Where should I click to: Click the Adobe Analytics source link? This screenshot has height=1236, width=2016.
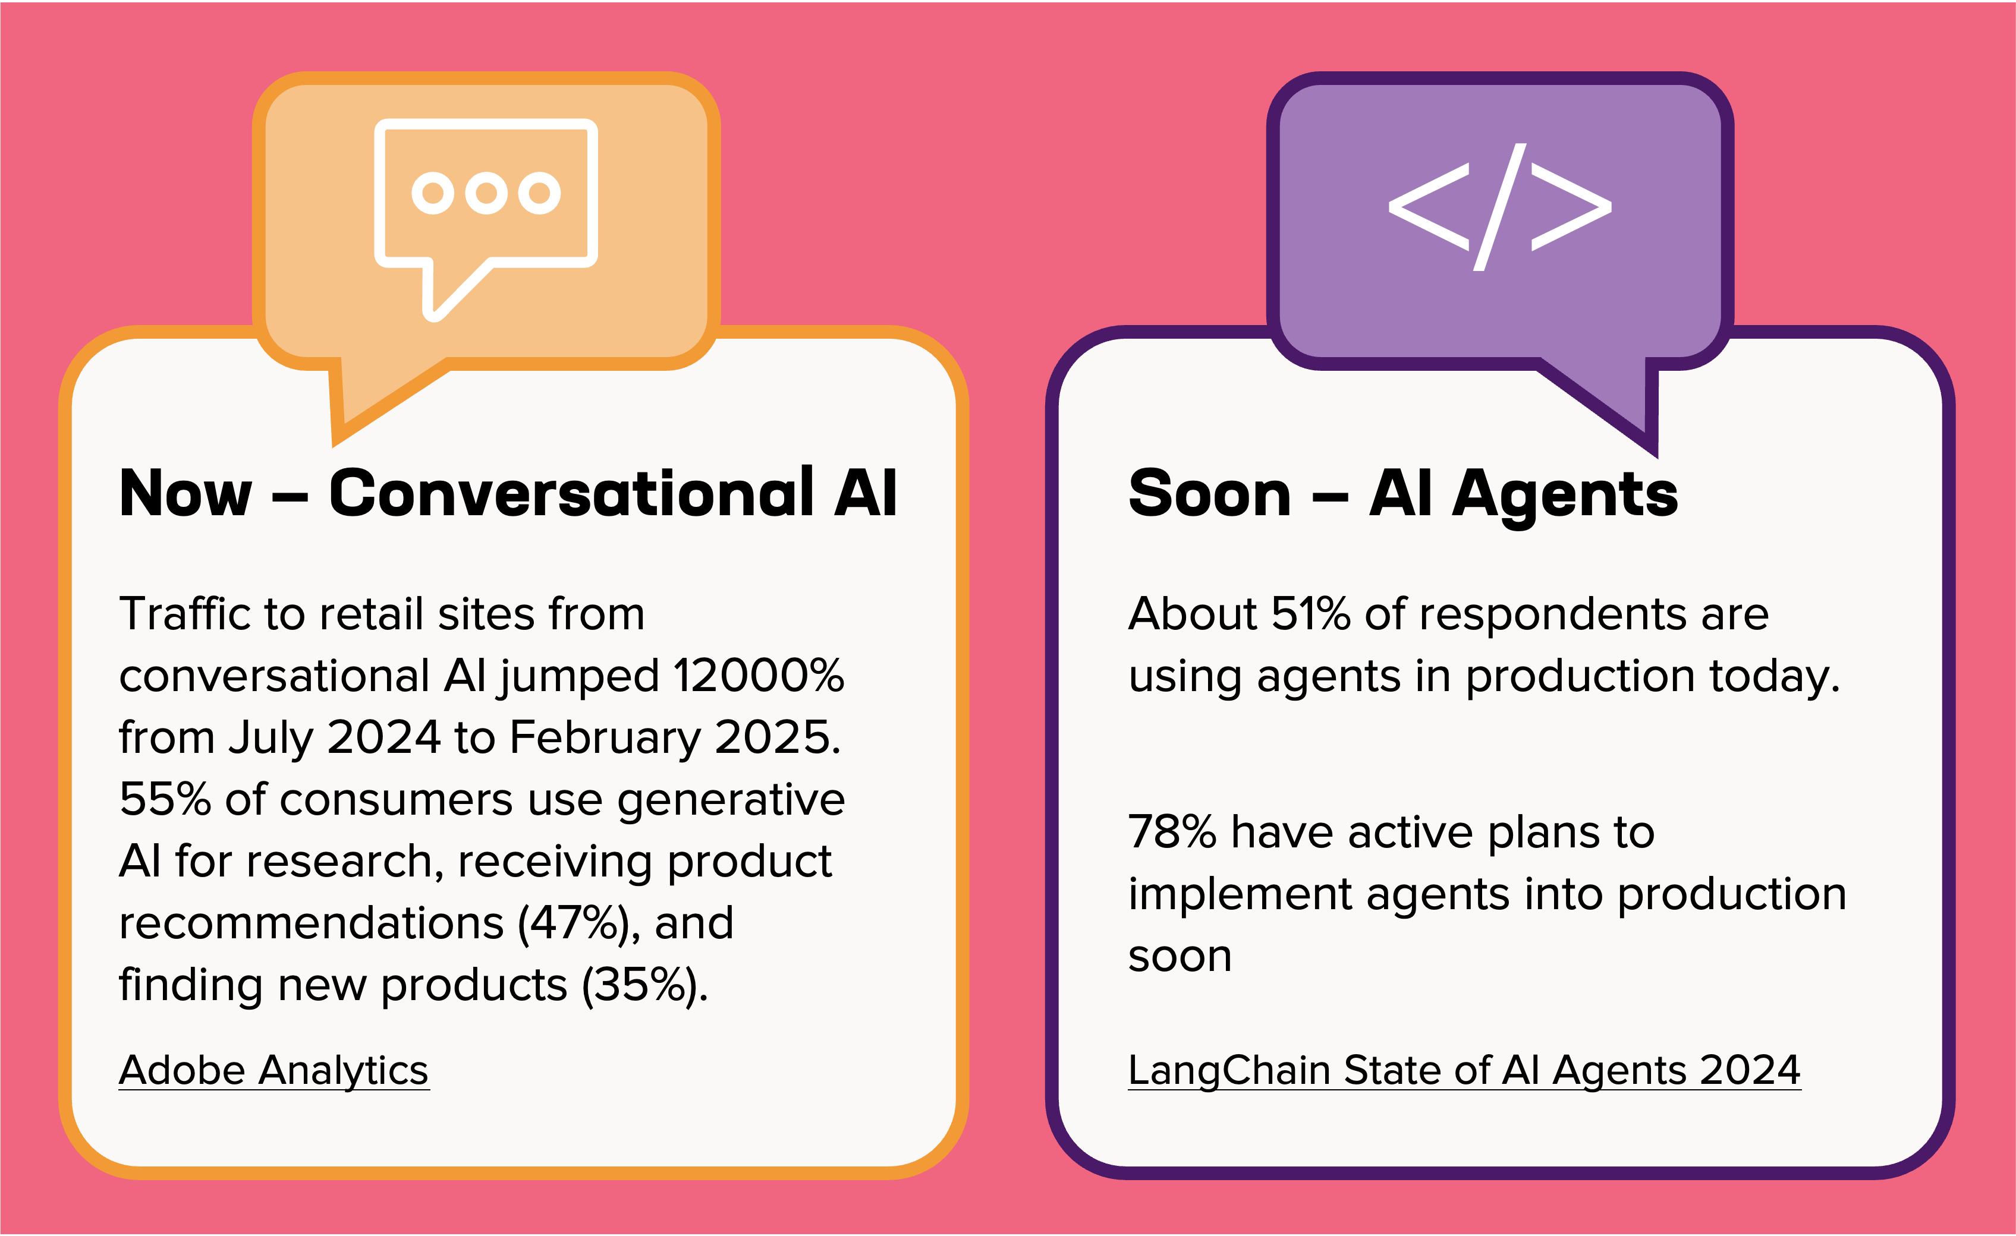point(273,1071)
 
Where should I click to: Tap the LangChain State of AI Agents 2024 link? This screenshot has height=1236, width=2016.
point(1464,1071)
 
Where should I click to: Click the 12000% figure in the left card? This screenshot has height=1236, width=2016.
point(759,676)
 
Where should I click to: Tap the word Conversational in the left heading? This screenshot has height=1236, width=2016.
point(572,493)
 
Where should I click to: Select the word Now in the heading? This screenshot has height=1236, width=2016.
point(185,494)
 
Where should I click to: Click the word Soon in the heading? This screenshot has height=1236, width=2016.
point(1209,494)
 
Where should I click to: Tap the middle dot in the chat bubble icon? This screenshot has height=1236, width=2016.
point(486,193)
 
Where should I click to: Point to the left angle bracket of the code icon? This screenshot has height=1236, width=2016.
point(1429,207)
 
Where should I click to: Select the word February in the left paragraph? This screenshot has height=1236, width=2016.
point(605,738)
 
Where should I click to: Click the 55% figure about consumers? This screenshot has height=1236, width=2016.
point(165,799)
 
